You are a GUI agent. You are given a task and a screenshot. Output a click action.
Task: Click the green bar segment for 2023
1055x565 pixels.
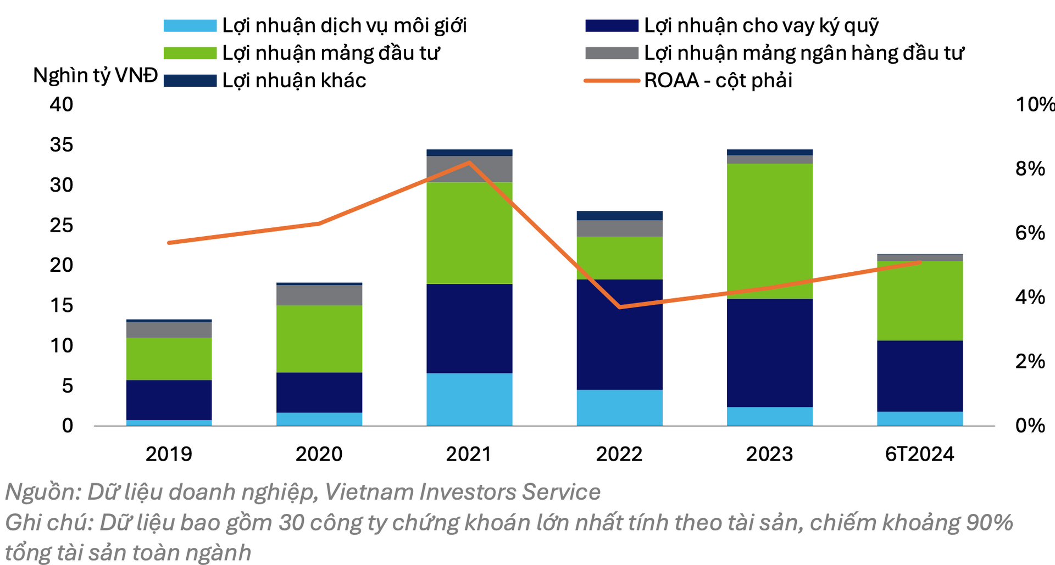pos(769,231)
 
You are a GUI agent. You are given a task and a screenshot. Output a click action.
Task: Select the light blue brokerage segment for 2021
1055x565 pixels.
pos(469,399)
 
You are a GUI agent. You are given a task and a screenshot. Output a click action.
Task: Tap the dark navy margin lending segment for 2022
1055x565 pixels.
pos(619,334)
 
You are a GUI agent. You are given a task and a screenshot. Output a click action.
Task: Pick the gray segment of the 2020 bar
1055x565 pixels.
pos(319,295)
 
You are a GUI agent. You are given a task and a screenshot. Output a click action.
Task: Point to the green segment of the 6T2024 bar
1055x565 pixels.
pos(920,301)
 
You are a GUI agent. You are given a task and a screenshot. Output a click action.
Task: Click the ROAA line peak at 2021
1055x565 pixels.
pos(469,163)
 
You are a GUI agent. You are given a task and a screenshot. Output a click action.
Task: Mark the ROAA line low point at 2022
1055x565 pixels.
pos(620,307)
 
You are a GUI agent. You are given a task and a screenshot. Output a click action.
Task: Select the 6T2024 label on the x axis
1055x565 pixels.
pos(919,454)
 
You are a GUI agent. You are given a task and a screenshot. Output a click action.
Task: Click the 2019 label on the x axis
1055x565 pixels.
pos(169,454)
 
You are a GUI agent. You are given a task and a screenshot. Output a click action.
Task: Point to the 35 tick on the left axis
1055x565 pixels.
pos(62,144)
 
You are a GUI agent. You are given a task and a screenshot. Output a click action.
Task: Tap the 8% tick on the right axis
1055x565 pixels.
pos(1030,169)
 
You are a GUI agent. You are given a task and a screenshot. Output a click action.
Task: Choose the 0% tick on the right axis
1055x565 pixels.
pos(1030,426)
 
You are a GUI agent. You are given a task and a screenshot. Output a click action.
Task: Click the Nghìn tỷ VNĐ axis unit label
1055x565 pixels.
pos(96,75)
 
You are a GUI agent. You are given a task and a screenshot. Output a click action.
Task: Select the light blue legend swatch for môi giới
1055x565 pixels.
pos(190,26)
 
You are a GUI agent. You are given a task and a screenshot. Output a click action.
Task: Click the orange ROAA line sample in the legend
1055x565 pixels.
pos(612,81)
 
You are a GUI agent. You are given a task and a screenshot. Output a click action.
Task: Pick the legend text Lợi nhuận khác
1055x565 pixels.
pos(294,81)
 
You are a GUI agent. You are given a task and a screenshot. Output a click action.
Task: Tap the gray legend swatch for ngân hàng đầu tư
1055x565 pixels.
pos(612,53)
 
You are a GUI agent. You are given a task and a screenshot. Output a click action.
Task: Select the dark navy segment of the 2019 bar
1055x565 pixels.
pos(169,400)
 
